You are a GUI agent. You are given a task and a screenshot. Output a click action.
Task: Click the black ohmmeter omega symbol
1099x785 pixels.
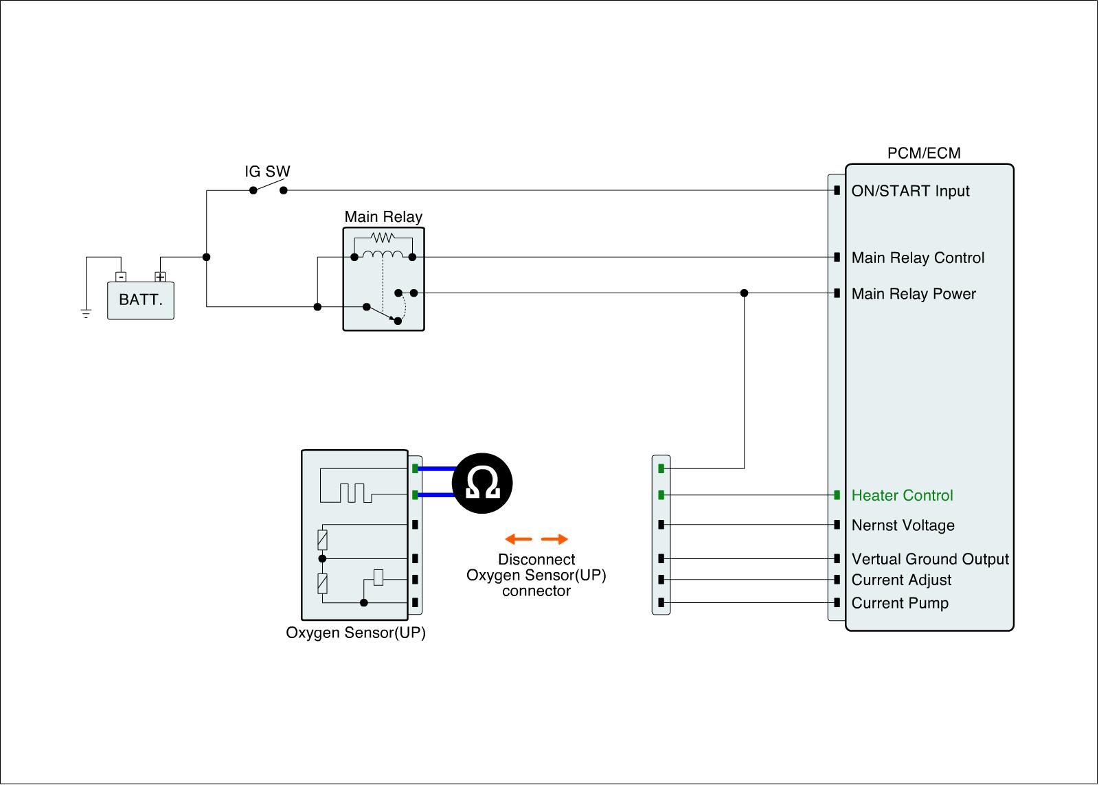click(482, 483)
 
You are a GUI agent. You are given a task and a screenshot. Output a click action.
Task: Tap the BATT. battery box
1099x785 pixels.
click(141, 301)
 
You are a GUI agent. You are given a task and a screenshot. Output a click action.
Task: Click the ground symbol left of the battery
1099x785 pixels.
click(86, 314)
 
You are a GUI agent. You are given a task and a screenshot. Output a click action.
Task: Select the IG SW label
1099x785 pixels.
click(268, 172)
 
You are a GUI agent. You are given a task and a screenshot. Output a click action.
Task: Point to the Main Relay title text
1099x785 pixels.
click(383, 217)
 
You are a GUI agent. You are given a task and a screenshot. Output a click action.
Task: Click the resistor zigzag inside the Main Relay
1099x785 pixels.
click(382, 238)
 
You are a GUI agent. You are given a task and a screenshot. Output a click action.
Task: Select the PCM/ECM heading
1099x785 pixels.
click(924, 153)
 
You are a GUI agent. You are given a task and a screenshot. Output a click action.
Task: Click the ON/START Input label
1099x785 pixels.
click(910, 191)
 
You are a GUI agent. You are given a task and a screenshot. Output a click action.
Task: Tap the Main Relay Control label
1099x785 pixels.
click(918, 258)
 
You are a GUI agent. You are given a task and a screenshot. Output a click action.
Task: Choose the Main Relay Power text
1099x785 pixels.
click(914, 294)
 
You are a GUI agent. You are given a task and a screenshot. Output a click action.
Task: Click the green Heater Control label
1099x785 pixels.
click(902, 496)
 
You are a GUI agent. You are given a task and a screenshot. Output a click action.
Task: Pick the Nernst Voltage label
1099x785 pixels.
click(903, 525)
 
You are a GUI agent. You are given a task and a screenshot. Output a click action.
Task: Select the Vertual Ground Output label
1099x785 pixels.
click(930, 559)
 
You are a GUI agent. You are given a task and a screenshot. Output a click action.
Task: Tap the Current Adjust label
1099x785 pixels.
click(901, 580)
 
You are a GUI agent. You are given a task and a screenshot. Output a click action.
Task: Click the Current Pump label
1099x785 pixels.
click(900, 604)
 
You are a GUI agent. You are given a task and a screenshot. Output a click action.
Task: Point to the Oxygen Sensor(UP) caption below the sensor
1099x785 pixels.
click(356, 633)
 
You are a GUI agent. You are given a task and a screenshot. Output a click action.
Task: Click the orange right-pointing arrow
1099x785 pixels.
click(555, 539)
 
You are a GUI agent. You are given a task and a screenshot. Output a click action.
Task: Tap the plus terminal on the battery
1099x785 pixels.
click(160, 277)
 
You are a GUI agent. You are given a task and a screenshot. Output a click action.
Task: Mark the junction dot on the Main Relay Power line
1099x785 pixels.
click(744, 293)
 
